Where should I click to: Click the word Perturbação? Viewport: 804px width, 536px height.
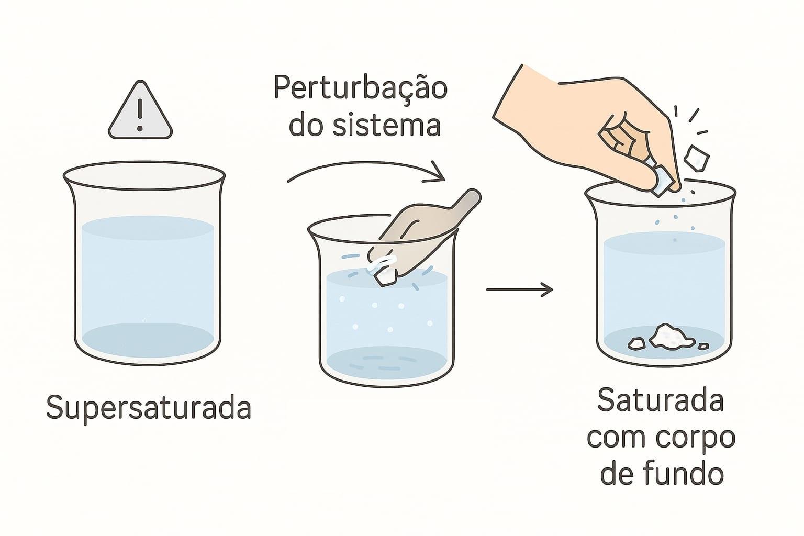(361, 89)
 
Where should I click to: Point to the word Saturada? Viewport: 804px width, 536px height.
(661, 400)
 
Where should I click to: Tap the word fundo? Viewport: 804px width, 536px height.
(682, 473)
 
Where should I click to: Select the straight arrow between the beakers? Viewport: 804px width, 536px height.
(519, 289)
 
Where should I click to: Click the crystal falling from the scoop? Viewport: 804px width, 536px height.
(384, 277)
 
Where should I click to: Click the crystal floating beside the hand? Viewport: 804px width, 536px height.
(697, 158)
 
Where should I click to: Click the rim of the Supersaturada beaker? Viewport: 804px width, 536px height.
(144, 162)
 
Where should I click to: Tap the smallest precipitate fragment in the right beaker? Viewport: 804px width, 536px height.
(703, 346)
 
